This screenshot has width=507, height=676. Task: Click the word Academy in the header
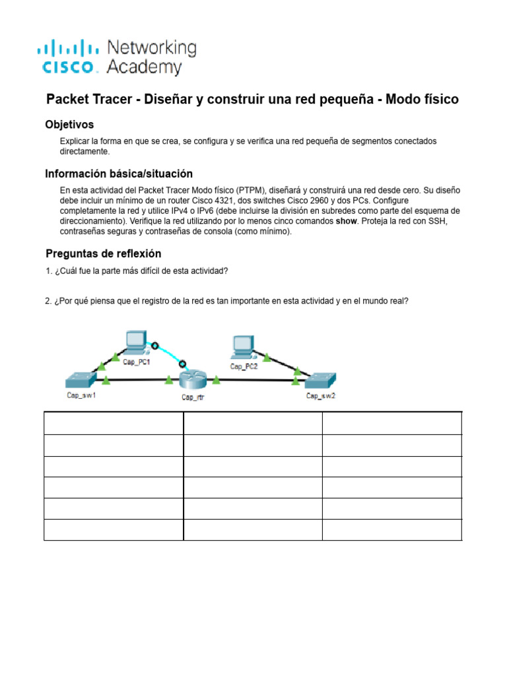click(143, 67)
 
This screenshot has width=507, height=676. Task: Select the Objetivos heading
click(69, 124)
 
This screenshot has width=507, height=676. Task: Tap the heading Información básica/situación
click(119, 174)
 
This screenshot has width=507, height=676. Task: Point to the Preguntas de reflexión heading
click(103, 253)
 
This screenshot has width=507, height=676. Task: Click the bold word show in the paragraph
click(349, 221)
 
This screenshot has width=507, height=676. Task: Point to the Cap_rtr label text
click(193, 397)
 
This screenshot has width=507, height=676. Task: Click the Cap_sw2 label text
click(321, 396)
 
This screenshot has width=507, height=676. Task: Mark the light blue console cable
click(169, 353)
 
